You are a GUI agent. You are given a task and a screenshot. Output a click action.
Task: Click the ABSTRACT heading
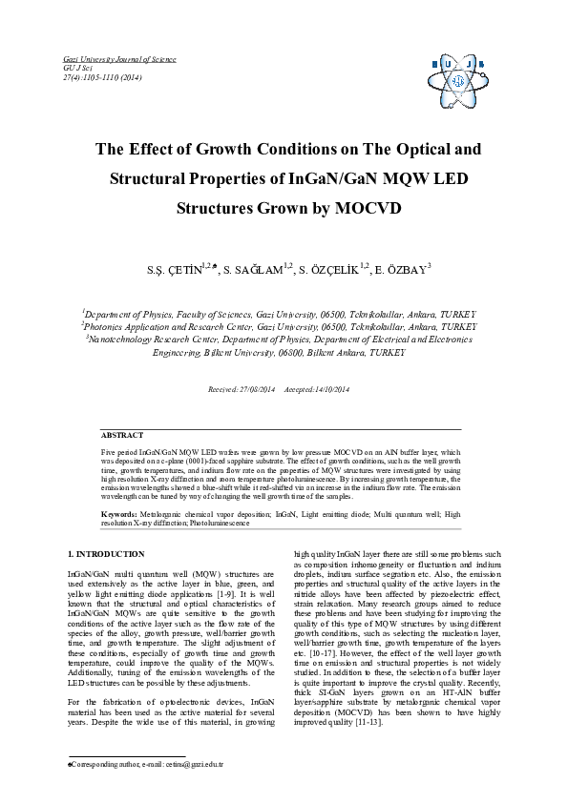122,434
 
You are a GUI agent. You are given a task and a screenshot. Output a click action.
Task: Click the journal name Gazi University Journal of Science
105,59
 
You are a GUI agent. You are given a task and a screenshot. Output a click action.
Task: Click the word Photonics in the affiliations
107,325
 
